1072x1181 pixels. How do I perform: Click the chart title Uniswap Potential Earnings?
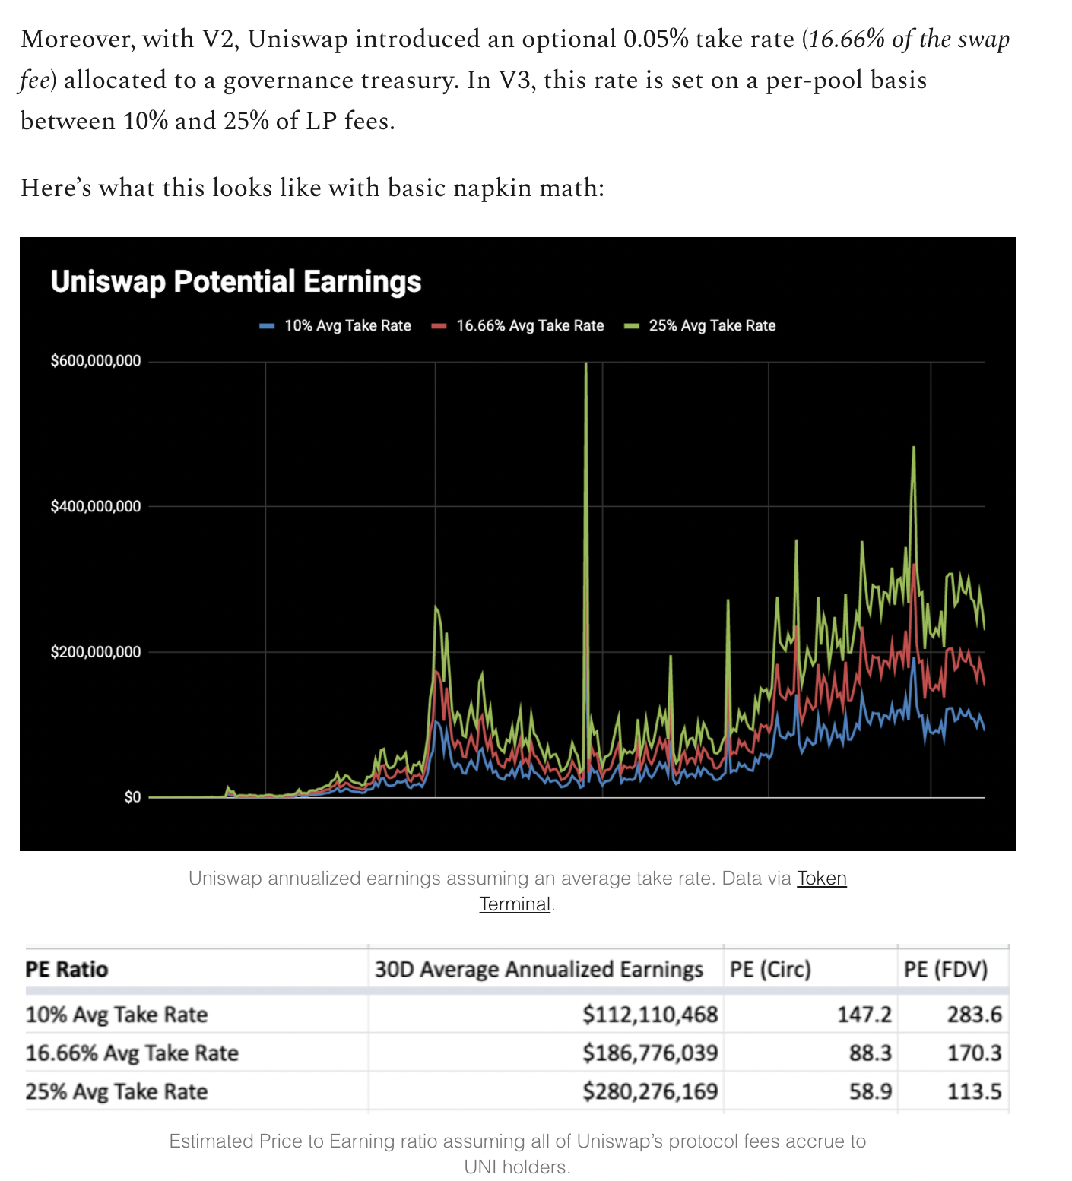pos(236,282)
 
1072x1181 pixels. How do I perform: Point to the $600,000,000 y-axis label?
pos(96,361)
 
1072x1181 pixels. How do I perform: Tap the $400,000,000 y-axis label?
pos(96,507)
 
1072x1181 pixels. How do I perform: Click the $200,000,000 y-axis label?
pos(96,652)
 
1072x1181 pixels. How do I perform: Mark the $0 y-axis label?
pos(132,797)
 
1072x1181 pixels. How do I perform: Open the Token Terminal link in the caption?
pos(821,879)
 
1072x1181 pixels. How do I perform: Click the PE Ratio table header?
pos(67,970)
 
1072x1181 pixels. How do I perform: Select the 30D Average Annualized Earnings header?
pos(538,970)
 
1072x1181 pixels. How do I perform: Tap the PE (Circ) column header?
pos(770,970)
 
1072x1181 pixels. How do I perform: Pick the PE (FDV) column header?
pos(945,970)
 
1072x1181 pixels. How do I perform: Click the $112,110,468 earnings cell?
pos(650,1015)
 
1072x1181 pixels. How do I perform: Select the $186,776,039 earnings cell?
pos(650,1053)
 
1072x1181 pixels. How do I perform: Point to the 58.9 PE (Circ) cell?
pos(871,1092)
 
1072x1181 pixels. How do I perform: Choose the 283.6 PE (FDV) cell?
pos(974,1015)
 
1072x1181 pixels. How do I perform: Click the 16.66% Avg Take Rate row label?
pos(132,1053)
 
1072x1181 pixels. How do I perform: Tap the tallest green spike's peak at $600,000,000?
pos(586,365)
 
